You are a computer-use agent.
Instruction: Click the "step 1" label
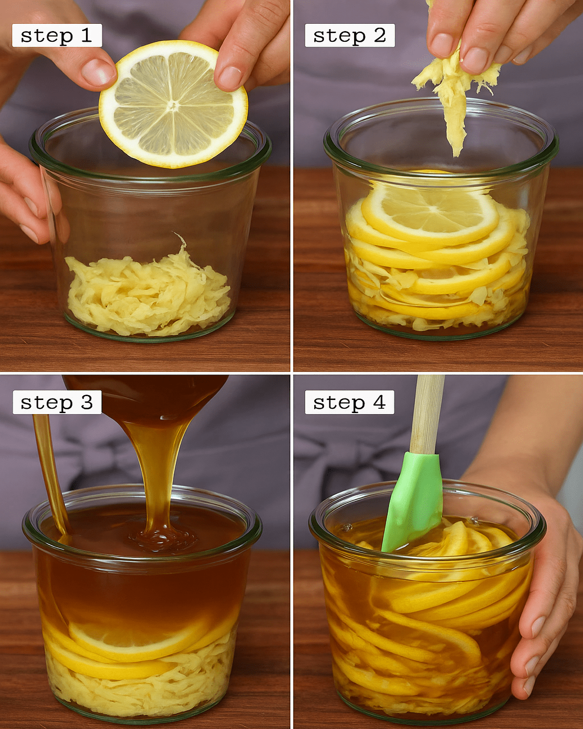pos(57,35)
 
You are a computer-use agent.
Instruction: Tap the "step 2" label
pos(350,35)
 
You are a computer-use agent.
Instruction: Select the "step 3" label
pos(57,402)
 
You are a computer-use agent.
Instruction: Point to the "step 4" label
pos(349,402)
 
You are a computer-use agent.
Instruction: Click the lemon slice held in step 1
pos(173,104)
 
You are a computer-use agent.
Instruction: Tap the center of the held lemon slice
pos(173,105)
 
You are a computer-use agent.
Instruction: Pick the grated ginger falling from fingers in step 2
pos(454,98)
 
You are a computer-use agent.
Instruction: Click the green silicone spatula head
pos(414,502)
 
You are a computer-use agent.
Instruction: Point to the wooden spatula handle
pos(427,414)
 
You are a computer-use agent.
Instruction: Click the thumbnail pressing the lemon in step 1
pos(98,73)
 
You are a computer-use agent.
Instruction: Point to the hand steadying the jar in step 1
pos(27,193)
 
